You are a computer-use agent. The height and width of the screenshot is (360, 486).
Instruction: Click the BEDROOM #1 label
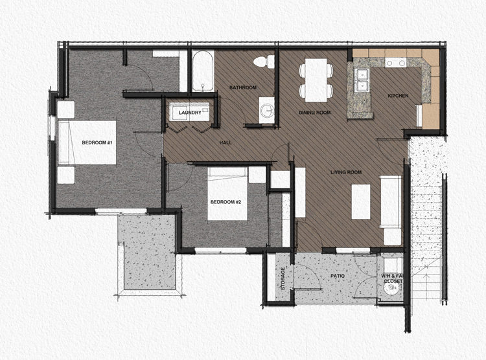tap(98, 142)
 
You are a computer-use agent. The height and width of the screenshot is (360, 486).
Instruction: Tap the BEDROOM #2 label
tap(226, 202)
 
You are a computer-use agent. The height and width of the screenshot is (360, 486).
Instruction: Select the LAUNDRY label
tap(190, 113)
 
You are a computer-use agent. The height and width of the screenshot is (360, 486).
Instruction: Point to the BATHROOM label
tap(243, 87)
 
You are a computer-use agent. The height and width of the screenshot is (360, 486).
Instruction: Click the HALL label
tap(226, 142)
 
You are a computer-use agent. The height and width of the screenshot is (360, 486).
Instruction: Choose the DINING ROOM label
tap(315, 113)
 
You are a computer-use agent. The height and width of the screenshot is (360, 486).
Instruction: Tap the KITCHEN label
tap(398, 96)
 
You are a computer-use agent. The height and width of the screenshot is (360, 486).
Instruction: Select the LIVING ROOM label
tap(345, 172)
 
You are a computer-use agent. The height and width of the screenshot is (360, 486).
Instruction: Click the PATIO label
tap(336, 276)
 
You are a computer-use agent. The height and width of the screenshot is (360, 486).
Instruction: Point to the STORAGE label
tap(283, 277)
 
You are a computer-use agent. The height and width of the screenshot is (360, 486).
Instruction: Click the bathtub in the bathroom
tap(202, 71)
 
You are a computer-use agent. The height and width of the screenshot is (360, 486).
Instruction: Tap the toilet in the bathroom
tap(263, 62)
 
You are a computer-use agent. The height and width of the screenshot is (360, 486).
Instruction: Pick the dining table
tap(316, 79)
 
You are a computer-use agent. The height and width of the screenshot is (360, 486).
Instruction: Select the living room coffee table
tap(361, 201)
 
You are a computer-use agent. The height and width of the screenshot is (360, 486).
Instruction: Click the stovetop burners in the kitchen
tap(397, 63)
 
